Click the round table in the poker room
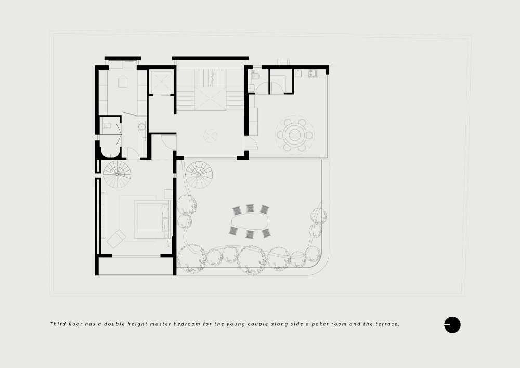pyautogui.click(x=294, y=135)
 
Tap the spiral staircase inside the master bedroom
pyautogui.click(x=117, y=174)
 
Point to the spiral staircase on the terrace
pyautogui.click(x=199, y=175)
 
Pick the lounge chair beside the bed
pyautogui.click(x=116, y=239)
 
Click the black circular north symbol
pyautogui.click(x=452, y=324)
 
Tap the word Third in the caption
pyautogui.click(x=58, y=324)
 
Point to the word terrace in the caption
pyautogui.click(x=387, y=324)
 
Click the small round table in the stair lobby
pyautogui.click(x=210, y=136)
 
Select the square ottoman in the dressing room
pyautogui.click(x=123, y=83)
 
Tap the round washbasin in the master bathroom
pyautogui.click(x=141, y=126)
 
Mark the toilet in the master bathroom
pyautogui.click(x=107, y=125)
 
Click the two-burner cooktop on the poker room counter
pyautogui.click(x=313, y=73)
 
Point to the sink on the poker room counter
pyautogui.click(x=298, y=73)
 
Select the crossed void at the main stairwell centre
pyautogui.click(x=210, y=98)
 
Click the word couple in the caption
pyautogui.click(x=258, y=324)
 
